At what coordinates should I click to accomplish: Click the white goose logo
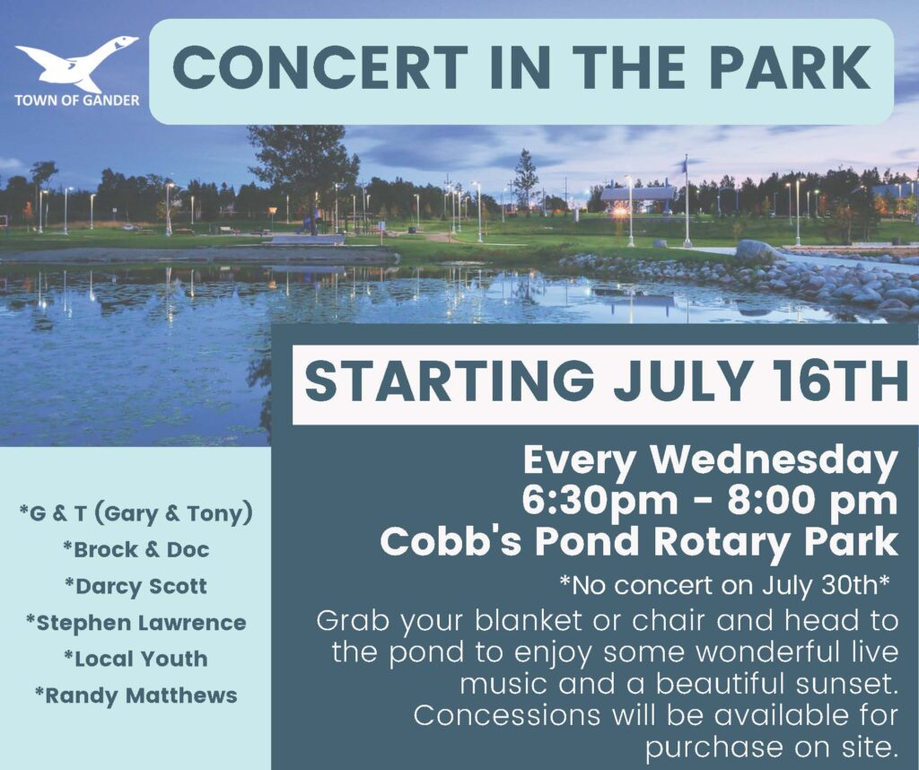pyautogui.click(x=76, y=64)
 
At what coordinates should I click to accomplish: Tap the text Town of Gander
pyautogui.click(x=77, y=101)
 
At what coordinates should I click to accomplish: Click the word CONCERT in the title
pyautogui.click(x=320, y=68)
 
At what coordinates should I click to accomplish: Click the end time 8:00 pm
pyautogui.click(x=812, y=502)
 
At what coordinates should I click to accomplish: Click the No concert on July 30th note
pyautogui.click(x=725, y=585)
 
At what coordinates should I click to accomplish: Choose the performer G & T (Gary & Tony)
pyautogui.click(x=136, y=514)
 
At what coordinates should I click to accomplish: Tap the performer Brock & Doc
pyautogui.click(x=136, y=549)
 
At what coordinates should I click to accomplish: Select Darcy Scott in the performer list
pyautogui.click(x=136, y=586)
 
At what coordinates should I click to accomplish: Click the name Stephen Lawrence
pyautogui.click(x=136, y=622)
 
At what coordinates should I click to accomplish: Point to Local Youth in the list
pyautogui.click(x=136, y=659)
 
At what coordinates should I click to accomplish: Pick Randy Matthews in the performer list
pyautogui.click(x=136, y=696)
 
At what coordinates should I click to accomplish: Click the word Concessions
pyautogui.click(x=507, y=715)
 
